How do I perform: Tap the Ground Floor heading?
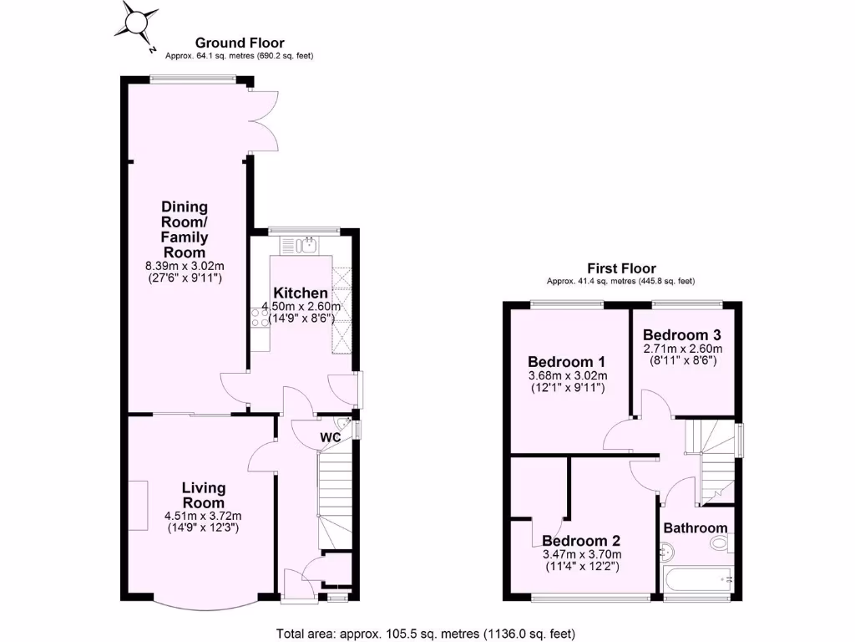click(x=240, y=43)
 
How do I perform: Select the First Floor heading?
click(x=621, y=268)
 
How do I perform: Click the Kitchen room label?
click(x=301, y=293)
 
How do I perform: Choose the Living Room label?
click(x=204, y=496)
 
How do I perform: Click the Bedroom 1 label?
click(x=566, y=362)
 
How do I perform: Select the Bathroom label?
click(x=696, y=528)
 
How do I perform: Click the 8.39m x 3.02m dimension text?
click(x=185, y=266)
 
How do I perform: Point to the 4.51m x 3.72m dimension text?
click(x=204, y=516)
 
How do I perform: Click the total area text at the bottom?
click(x=426, y=633)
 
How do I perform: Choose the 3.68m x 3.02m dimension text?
click(x=566, y=375)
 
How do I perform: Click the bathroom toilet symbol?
click(x=719, y=544)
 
